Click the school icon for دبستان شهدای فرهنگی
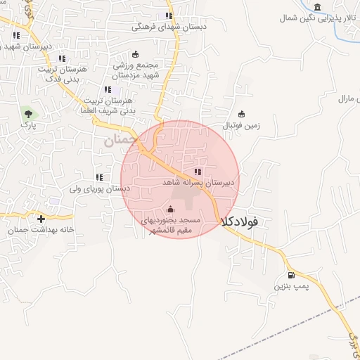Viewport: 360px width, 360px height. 168,15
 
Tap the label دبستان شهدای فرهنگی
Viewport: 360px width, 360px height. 169,27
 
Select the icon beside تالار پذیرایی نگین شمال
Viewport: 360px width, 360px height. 318,8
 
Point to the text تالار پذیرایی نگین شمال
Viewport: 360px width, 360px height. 317,19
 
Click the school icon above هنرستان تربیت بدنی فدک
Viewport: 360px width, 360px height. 62,58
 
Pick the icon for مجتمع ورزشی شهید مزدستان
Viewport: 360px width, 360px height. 136,54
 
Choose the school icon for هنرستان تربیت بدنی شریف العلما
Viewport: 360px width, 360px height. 108,89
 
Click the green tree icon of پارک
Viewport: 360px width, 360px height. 27,112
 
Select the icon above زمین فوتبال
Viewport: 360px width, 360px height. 242,115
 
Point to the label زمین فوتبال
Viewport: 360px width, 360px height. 241,126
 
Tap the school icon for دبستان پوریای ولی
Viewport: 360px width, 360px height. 99,177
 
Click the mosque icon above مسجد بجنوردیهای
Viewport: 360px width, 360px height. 170,209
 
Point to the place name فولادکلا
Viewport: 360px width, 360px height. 239,221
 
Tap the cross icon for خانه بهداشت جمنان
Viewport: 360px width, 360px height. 41,219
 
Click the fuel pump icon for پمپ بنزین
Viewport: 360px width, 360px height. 291,275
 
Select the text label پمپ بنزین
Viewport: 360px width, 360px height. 290,287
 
